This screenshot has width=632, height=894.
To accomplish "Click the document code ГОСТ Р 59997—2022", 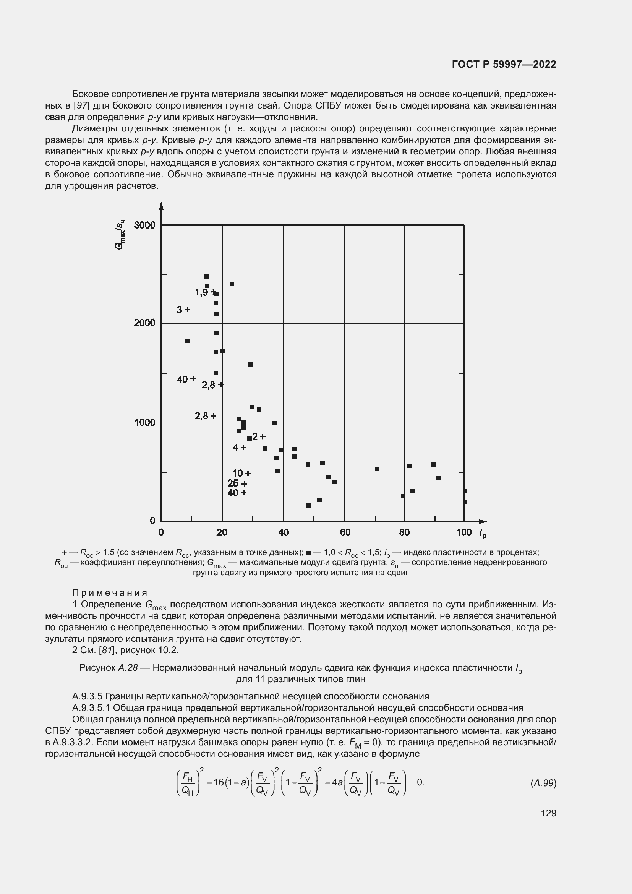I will [x=504, y=64].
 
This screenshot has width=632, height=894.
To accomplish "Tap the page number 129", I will [x=548, y=813].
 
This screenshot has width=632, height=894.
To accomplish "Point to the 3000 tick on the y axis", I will [x=144, y=225].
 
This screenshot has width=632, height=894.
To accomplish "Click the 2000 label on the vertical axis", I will [x=144, y=323].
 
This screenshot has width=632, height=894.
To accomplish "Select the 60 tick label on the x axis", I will [x=345, y=532].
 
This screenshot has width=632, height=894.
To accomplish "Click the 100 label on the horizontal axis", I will [x=463, y=532].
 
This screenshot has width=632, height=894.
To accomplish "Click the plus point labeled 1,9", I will [x=212, y=292].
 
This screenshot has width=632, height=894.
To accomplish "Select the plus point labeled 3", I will [x=187, y=310].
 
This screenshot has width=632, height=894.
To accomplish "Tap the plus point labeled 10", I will [x=248, y=474].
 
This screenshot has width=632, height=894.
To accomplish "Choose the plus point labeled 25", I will [x=244, y=484].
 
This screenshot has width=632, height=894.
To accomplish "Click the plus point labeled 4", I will [x=243, y=448].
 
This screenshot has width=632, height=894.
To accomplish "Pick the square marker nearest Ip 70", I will [x=377, y=469].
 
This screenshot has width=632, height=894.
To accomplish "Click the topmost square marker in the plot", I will [x=207, y=276].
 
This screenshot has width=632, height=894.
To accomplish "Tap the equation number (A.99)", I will [x=543, y=783].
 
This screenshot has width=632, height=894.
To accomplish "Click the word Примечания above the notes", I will [x=110, y=593].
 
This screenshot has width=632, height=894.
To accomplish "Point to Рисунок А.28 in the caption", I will [x=109, y=668].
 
